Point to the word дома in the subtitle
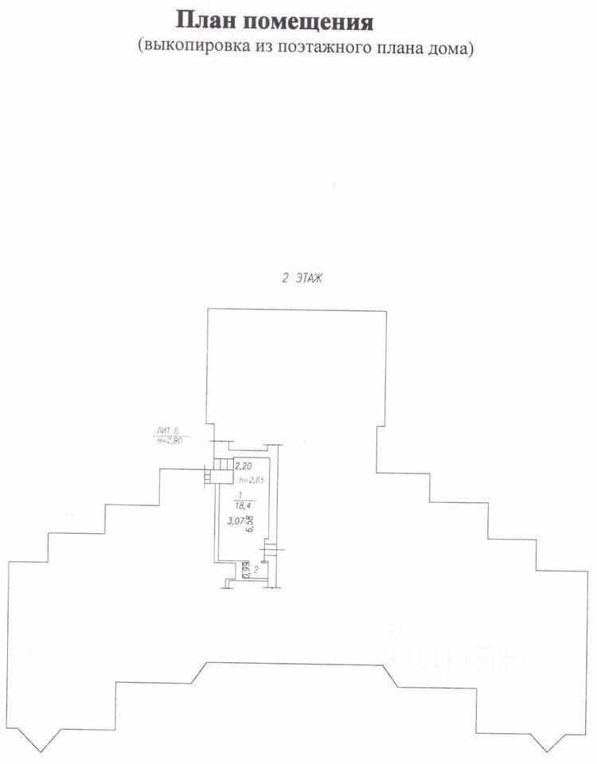tap(451, 47)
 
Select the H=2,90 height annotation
tap(167, 440)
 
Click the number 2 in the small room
tap(256, 569)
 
